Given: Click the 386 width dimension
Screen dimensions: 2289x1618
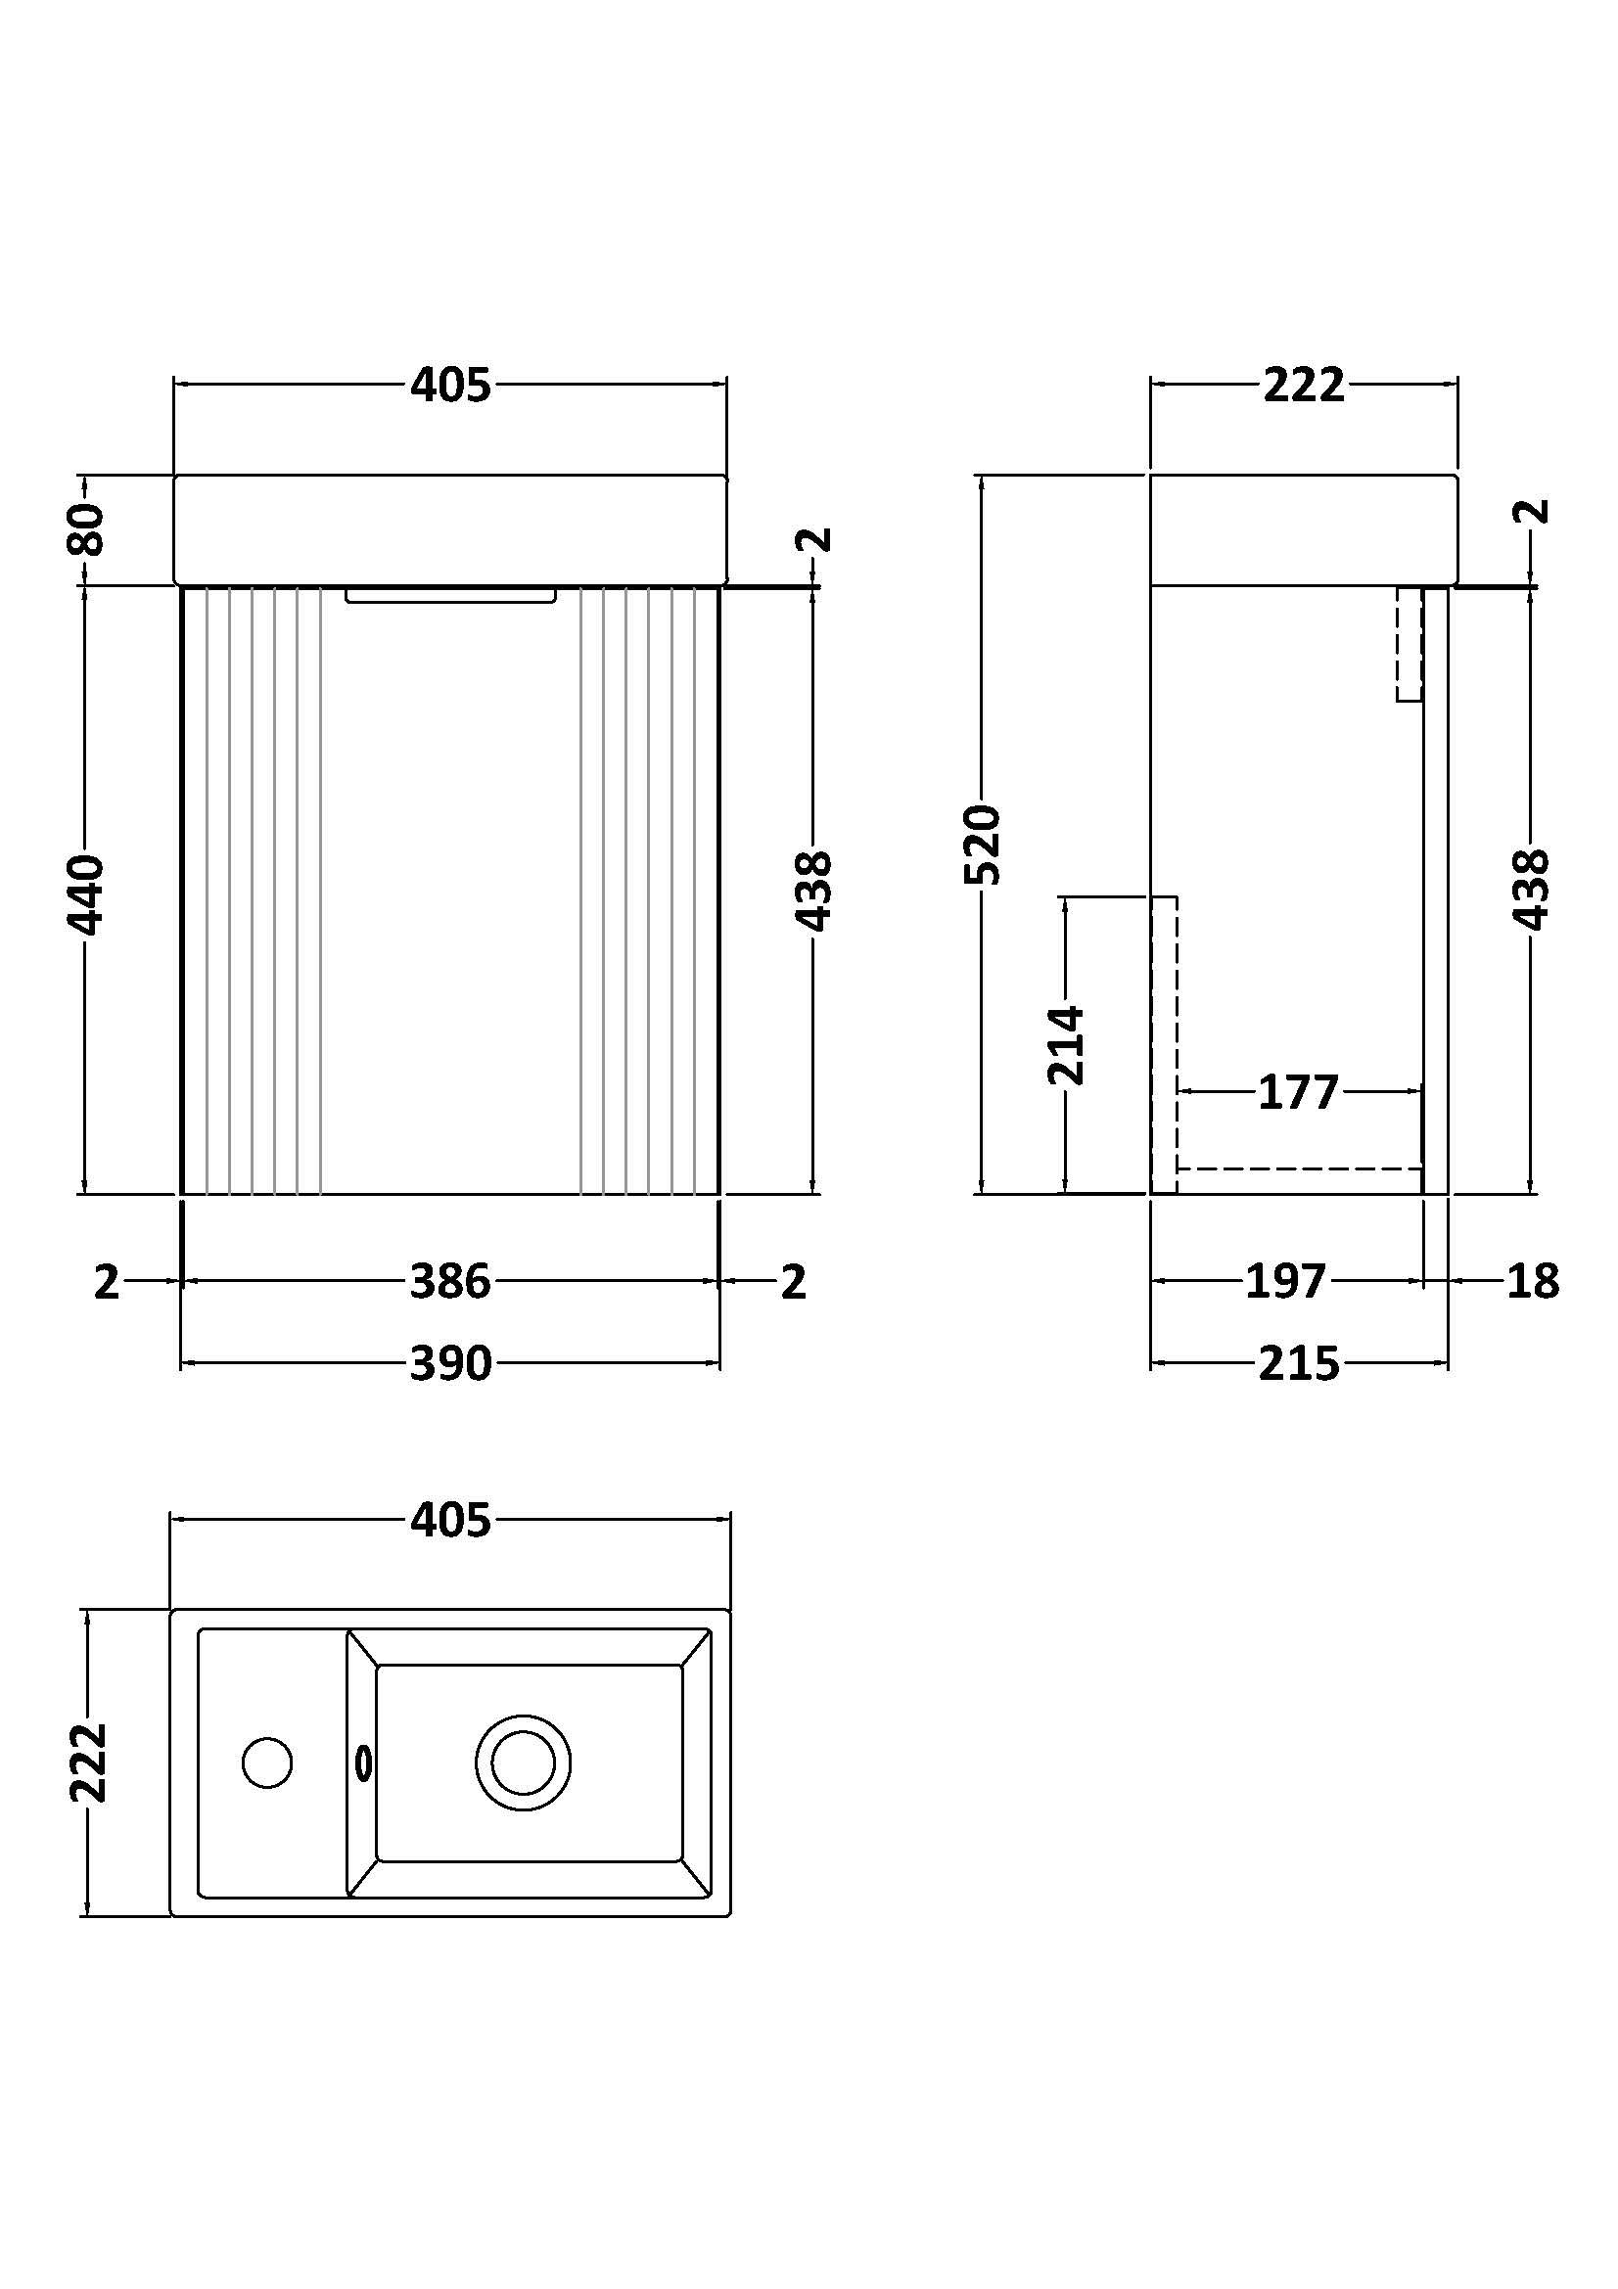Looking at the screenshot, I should (x=450, y=1281).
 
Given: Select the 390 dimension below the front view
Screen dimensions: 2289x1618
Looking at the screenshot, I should (x=450, y=1363).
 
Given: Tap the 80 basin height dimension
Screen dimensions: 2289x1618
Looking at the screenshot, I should (x=86, y=529).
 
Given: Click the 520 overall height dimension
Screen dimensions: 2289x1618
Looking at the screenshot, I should (x=983, y=845).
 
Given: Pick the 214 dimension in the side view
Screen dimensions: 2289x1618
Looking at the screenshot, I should (x=1066, y=1045).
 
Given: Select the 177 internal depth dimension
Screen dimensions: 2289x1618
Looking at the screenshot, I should (x=1297, y=1093).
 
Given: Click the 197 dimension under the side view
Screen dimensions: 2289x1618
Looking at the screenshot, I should (x=1286, y=1281).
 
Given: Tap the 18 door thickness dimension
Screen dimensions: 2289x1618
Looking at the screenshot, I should (x=1532, y=1281).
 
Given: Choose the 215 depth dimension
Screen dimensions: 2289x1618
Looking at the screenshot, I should (x=1298, y=1363).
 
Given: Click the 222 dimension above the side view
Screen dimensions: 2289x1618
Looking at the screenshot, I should (x=1304, y=385).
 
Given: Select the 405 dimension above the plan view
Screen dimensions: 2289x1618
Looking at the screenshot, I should (x=450, y=1521).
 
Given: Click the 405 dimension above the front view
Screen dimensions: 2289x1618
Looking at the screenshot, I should (x=450, y=385).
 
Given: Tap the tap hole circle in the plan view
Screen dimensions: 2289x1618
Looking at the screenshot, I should (x=267, y=1763).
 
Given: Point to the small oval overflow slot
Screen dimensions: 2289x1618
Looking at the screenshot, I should (x=364, y=1763).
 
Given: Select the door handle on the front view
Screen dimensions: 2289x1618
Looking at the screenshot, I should (x=450, y=596).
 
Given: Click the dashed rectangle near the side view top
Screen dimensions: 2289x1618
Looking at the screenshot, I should (x=1409, y=644).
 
